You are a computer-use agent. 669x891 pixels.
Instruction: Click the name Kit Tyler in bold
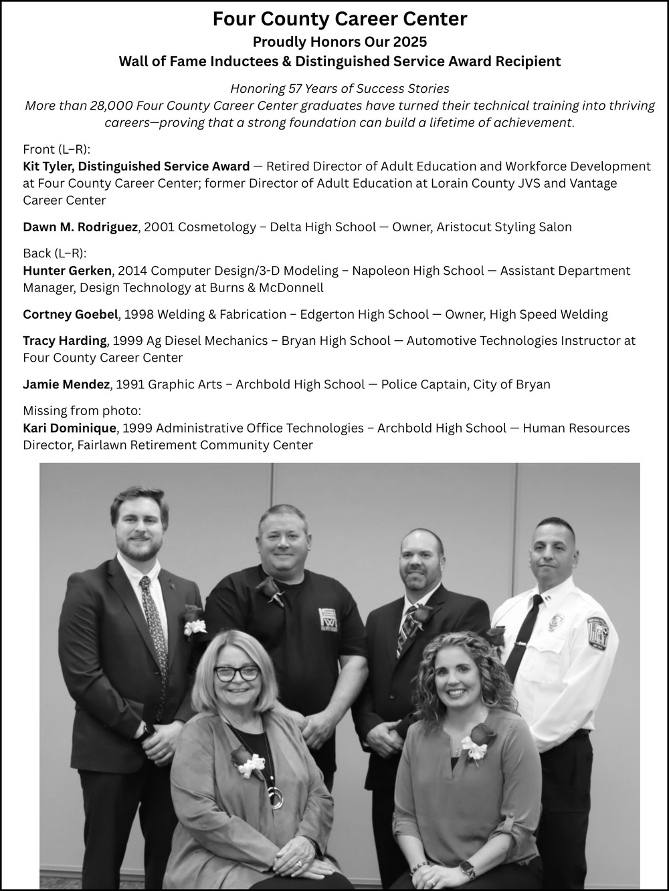coord(48,166)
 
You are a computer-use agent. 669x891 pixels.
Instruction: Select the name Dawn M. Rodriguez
coord(80,227)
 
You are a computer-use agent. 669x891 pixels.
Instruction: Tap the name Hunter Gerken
coord(67,271)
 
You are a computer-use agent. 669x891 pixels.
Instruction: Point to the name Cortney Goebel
coord(70,314)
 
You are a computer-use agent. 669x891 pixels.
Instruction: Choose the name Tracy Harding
coord(64,341)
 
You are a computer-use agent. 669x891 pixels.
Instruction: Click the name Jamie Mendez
coord(66,384)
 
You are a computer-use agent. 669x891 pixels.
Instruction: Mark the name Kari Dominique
coord(70,428)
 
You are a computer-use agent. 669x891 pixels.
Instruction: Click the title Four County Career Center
coord(339,19)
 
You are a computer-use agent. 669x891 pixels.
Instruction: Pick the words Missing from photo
coord(82,410)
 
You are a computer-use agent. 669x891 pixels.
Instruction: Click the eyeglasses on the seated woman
coord(236,673)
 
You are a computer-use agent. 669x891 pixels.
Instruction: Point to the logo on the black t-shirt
coord(327,618)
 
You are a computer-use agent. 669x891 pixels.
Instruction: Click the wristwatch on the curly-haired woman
coord(468,868)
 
